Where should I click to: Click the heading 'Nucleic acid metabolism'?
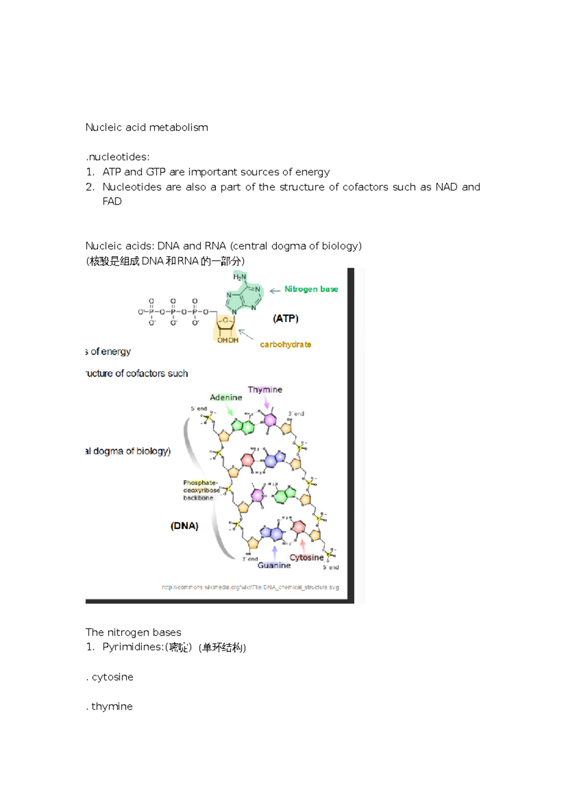click(x=147, y=127)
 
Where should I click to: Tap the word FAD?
click(x=112, y=201)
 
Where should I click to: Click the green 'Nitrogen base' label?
click(x=311, y=289)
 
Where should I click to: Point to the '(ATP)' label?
click(x=285, y=318)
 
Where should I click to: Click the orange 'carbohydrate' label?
click(x=285, y=344)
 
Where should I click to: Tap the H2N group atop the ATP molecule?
click(x=240, y=277)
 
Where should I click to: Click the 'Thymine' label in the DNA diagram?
click(x=265, y=390)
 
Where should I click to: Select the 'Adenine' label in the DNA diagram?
click(x=226, y=398)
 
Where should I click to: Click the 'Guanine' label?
click(x=274, y=565)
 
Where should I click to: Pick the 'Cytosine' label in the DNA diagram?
click(x=307, y=557)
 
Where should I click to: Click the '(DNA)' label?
click(x=184, y=526)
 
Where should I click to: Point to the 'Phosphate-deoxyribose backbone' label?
click(x=200, y=490)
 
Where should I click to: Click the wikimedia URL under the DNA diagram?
click(x=250, y=587)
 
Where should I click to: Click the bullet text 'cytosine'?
click(x=112, y=677)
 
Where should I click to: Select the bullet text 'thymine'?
click(x=112, y=706)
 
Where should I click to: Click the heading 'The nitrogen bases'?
click(x=133, y=632)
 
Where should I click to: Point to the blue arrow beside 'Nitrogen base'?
click(x=275, y=291)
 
